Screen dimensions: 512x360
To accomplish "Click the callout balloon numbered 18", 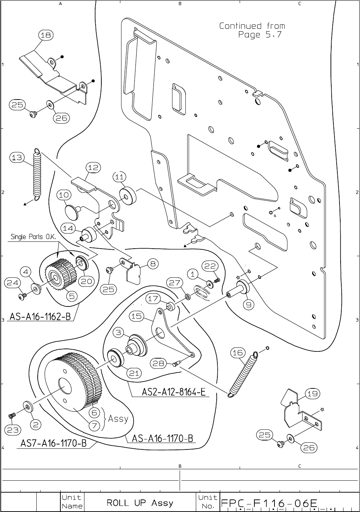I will pos(46,35).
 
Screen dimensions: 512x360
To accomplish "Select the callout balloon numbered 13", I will pos(17,157).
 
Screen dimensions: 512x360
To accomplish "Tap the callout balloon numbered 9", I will pos(248,305).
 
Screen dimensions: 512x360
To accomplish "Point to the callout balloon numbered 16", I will pos(237,352).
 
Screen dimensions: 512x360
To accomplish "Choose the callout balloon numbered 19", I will pos(313,394).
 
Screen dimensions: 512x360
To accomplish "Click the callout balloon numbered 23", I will pos(13,430).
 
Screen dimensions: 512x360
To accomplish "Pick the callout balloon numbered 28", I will pos(158,363).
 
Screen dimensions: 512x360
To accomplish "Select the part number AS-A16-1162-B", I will pos(40,317).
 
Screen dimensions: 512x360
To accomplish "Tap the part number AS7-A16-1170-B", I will pos(54,443).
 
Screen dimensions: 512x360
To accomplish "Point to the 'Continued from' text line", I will pos(252,26).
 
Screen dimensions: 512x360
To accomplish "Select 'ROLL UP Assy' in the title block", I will pos(140,503).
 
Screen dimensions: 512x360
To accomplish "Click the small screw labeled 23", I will pos(12,416).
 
